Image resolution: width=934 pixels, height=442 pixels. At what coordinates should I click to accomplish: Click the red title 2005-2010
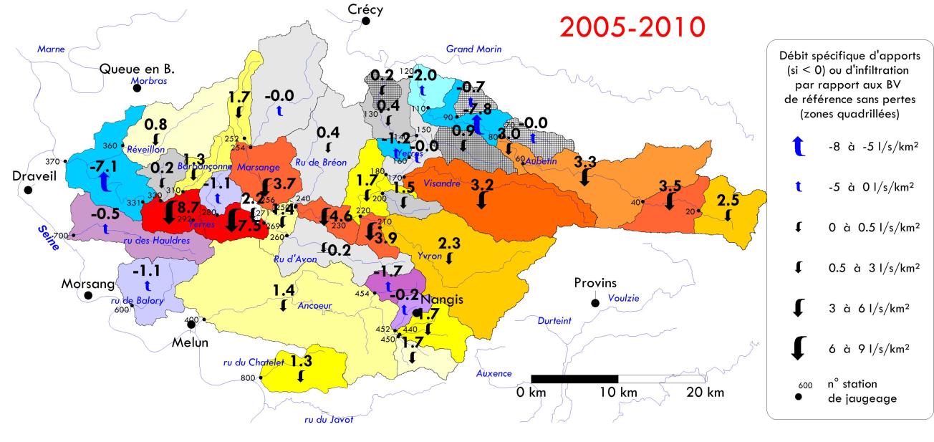632,28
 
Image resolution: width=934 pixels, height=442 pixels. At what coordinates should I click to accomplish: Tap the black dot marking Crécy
365,21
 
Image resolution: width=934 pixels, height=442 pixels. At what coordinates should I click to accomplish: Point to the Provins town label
595,282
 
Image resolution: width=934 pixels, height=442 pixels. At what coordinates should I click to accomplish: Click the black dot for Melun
191,324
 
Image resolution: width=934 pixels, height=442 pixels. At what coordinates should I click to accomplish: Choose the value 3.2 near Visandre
482,184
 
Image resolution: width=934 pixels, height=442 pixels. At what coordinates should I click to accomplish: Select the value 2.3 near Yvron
450,243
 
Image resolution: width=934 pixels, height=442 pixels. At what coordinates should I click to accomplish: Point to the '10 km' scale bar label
617,392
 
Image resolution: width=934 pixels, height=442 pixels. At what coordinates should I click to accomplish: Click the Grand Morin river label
474,49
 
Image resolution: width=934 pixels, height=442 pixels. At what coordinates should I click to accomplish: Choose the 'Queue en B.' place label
138,69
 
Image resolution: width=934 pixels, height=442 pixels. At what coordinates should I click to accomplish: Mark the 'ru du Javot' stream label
329,420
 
